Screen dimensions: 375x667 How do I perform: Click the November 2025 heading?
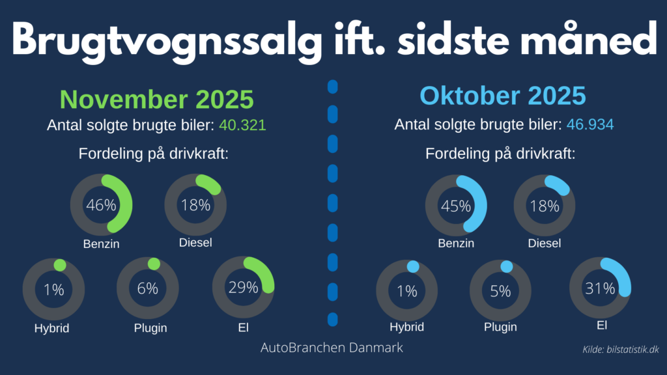[156, 100]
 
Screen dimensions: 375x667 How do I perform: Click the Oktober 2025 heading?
[503, 96]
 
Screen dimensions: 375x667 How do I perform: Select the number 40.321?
[243, 126]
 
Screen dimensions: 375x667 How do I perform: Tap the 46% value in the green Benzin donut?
[101, 205]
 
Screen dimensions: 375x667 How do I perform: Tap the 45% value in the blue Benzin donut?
[456, 206]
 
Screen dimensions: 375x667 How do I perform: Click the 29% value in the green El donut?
[243, 287]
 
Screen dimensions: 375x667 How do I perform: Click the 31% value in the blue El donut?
[600, 288]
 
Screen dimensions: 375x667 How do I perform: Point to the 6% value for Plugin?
[147, 288]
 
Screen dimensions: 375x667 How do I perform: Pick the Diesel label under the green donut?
[195, 243]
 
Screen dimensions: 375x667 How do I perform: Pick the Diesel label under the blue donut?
[545, 243]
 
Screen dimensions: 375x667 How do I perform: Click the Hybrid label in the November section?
[52, 328]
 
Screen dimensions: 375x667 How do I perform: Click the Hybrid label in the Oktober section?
[406, 327]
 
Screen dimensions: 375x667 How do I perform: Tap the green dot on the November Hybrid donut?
[59, 265]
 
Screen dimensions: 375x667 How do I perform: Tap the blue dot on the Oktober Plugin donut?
[506, 266]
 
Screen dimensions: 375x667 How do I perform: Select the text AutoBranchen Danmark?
[332, 348]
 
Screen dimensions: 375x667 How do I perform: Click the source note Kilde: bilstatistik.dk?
[621, 350]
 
